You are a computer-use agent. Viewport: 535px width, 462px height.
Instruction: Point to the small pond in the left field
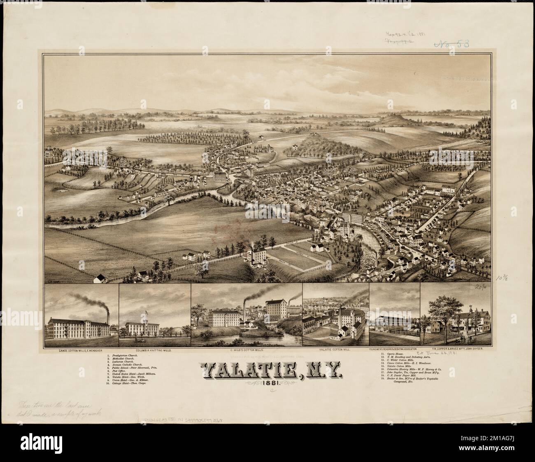(63, 191)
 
